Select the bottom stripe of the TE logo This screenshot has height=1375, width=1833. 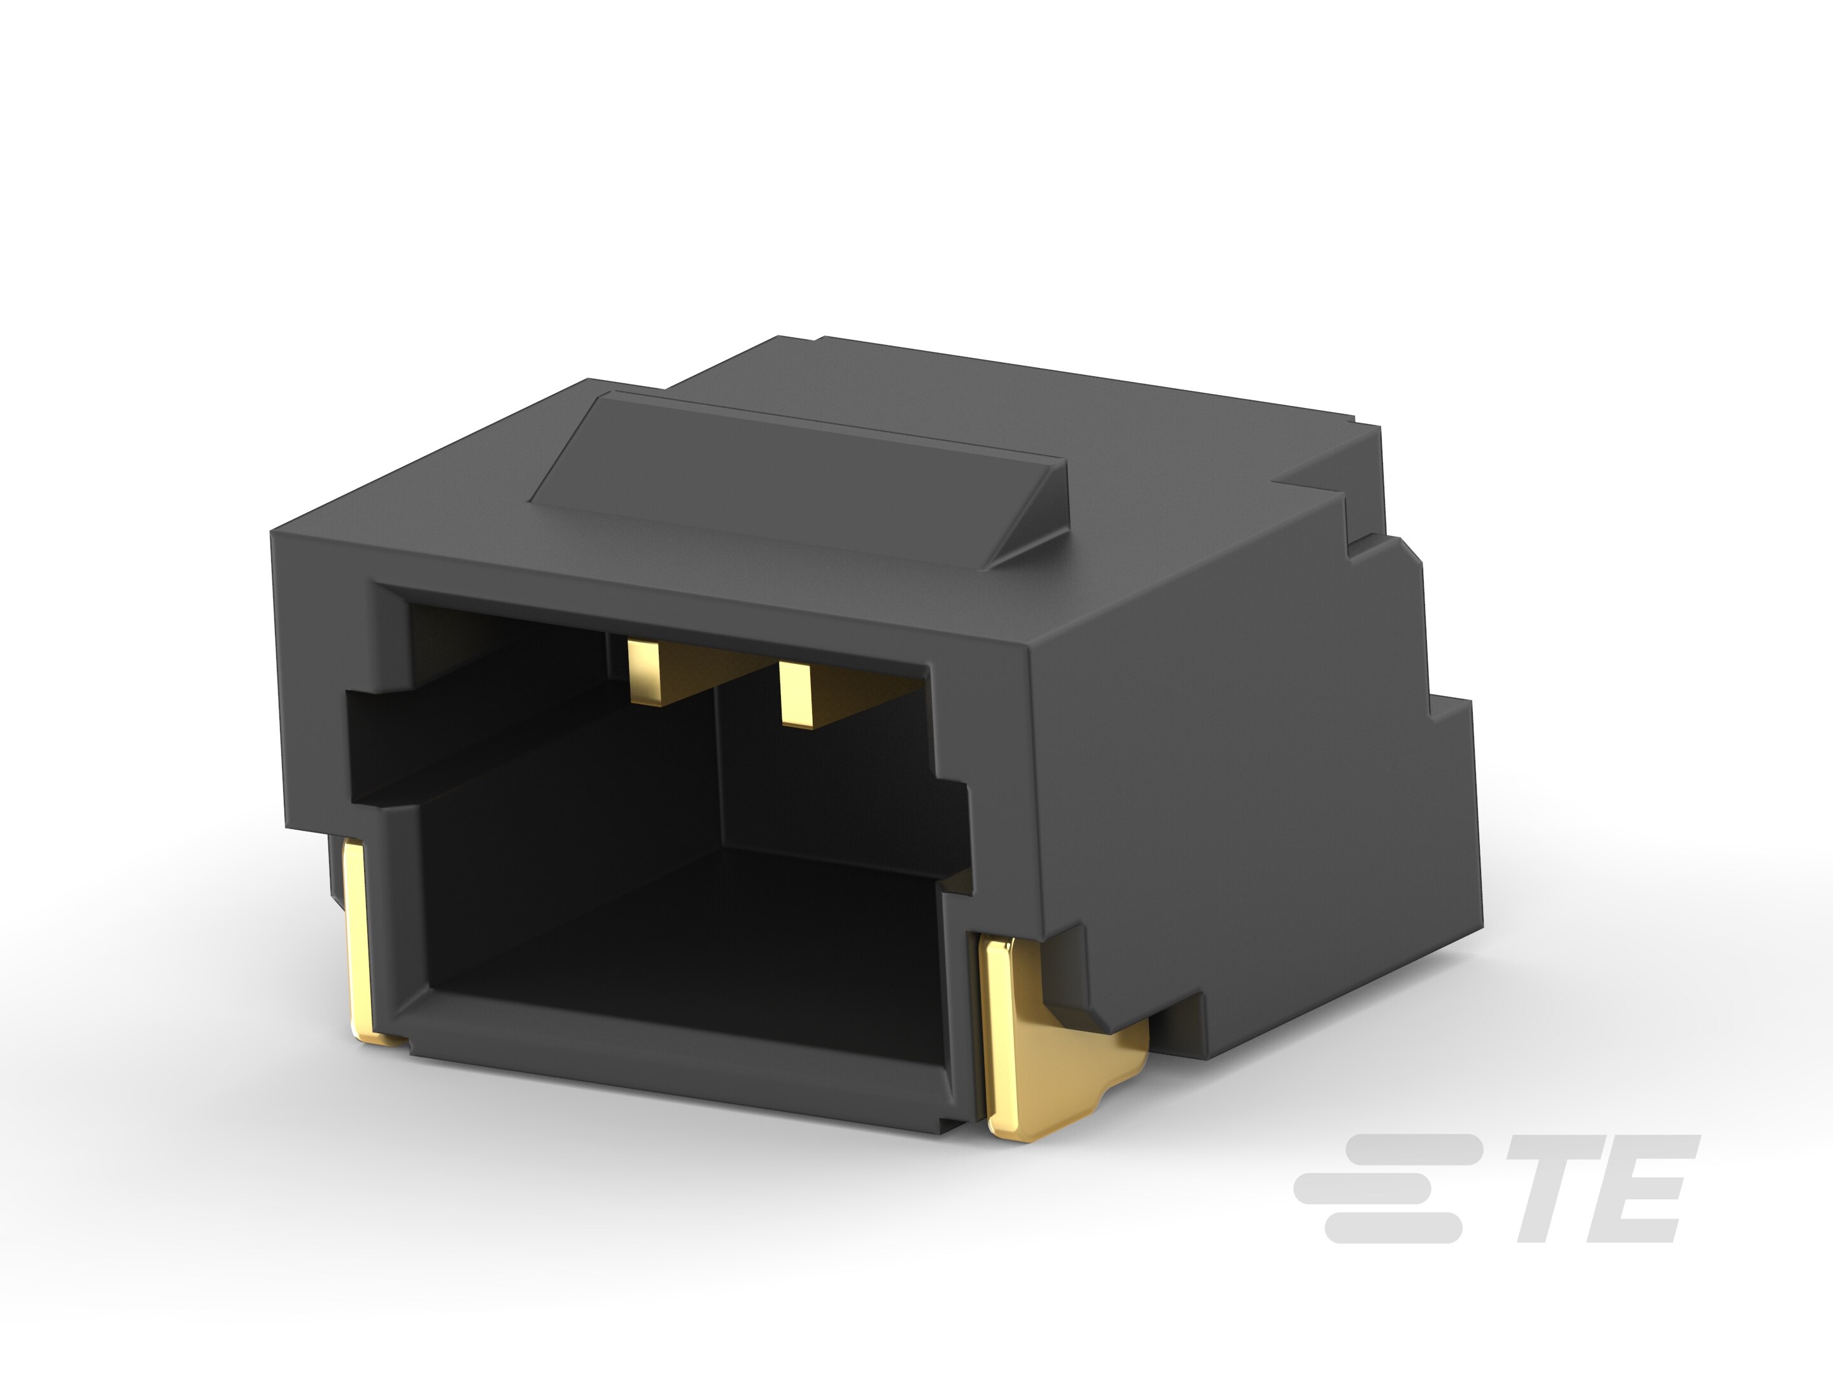pos(1392,1229)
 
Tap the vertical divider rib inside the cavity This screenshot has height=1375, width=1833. pos(718,771)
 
